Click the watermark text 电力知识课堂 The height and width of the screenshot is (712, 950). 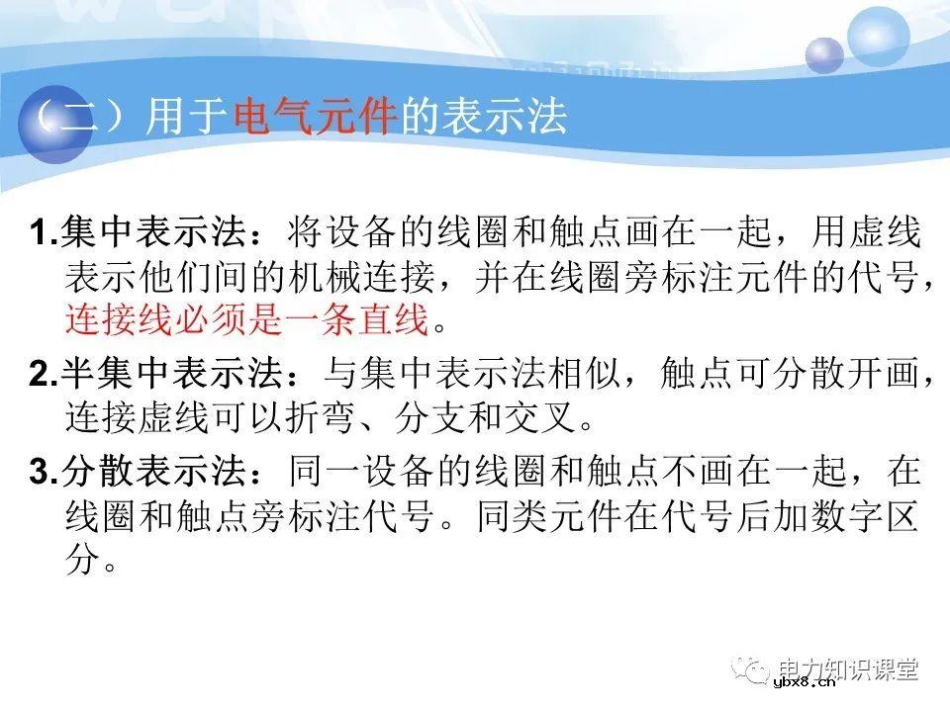coord(848,669)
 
